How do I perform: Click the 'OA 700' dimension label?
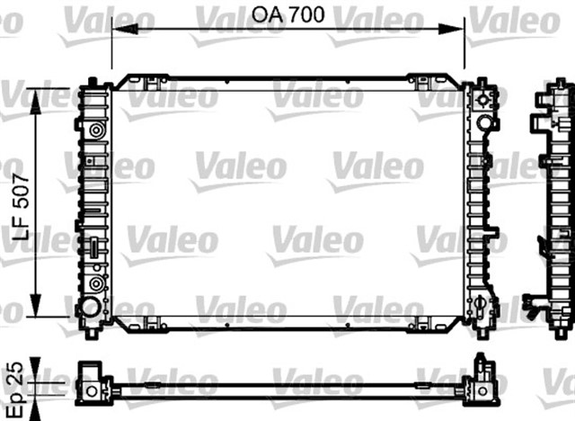287,15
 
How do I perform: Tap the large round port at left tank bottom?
91,308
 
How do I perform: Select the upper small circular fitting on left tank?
94,131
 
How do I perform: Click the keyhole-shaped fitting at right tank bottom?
486,307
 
